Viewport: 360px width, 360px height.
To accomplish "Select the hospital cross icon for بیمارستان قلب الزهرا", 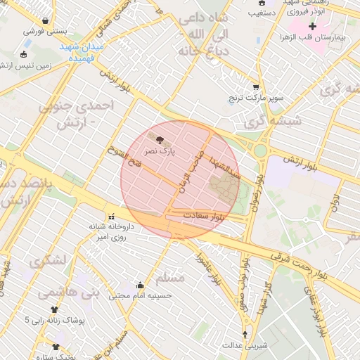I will coord(312,26).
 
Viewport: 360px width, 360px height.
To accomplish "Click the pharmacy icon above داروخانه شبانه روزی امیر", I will coord(110,216).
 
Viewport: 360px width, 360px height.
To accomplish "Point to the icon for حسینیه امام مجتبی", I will coord(140,285).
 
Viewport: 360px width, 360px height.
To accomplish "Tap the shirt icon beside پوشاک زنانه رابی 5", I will coord(54,309).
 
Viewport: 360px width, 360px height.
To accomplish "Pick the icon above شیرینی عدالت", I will coord(245,334).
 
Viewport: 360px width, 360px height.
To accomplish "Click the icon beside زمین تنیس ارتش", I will coord(24,55).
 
